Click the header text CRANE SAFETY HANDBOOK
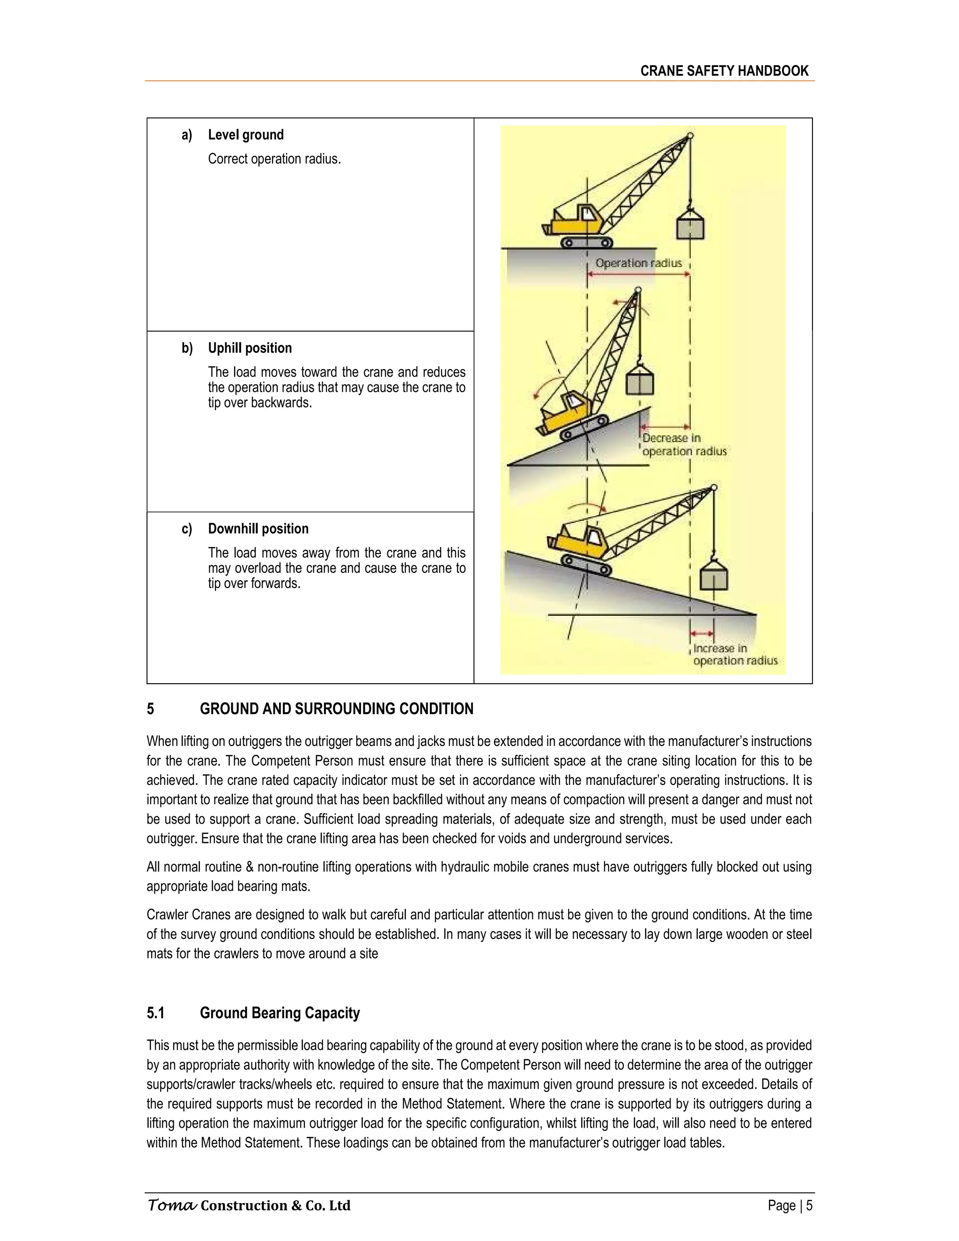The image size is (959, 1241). (x=724, y=71)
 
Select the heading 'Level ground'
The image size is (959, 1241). (x=245, y=135)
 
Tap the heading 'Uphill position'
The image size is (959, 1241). (x=250, y=348)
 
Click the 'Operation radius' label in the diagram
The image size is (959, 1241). (x=638, y=263)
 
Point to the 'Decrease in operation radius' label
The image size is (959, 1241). (x=684, y=444)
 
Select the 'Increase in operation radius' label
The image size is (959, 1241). (x=735, y=654)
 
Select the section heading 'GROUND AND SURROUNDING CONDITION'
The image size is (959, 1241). (x=336, y=709)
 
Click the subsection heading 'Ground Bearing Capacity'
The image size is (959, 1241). (x=280, y=1012)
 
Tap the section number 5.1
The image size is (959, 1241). (x=155, y=1012)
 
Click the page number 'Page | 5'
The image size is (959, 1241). (x=789, y=1205)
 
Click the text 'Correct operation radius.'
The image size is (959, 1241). (x=274, y=159)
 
